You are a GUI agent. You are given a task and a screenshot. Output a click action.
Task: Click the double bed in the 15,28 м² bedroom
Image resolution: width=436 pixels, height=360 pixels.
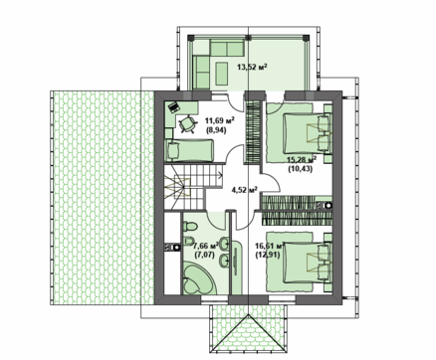(x=304, y=130)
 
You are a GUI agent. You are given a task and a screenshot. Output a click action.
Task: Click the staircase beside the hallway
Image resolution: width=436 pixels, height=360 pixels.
(x=182, y=185)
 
